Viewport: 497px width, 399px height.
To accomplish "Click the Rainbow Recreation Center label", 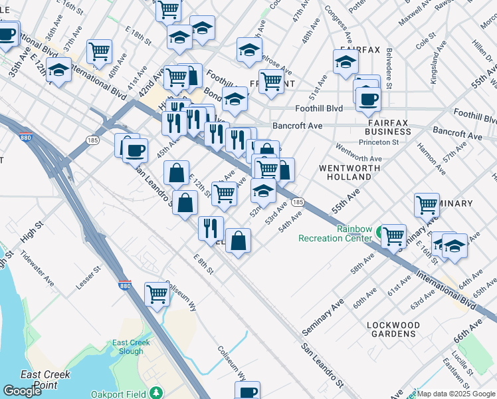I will [334, 233].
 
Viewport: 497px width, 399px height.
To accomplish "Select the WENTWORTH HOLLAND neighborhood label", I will [345, 172].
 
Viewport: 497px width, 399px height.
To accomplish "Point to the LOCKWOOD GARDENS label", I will [393, 330].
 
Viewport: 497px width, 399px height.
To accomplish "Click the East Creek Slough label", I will [131, 347].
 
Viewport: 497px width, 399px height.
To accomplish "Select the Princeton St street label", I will [378, 142].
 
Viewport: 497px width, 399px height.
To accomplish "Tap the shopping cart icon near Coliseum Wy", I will [157, 293].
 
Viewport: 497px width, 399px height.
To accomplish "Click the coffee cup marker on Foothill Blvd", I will [367, 99].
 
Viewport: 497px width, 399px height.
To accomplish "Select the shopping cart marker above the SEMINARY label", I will [427, 205].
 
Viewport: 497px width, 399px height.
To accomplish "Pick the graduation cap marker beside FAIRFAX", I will [346, 63].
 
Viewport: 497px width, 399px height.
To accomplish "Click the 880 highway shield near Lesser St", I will [125, 285].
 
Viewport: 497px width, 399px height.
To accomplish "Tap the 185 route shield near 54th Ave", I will [298, 201].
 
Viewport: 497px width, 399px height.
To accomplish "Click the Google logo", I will [23, 390].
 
